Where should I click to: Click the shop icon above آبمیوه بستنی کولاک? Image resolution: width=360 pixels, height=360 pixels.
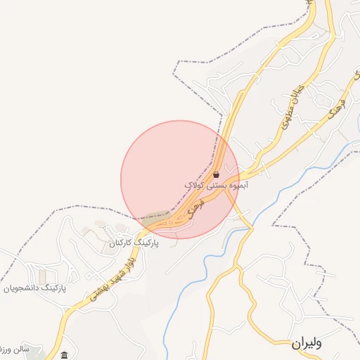pyautogui.click(x=216, y=174)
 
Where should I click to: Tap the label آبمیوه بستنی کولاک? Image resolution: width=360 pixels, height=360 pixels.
pyautogui.click(x=217, y=184)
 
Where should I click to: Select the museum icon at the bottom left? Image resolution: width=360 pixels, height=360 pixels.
pyautogui.click(x=65, y=354)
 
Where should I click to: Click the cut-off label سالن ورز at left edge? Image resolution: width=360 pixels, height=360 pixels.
pyautogui.click(x=13, y=349)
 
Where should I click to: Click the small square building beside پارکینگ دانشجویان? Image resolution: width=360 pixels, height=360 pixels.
pyautogui.click(x=44, y=274)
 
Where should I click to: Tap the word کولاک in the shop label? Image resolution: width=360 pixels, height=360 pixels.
pyautogui.click(x=194, y=184)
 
